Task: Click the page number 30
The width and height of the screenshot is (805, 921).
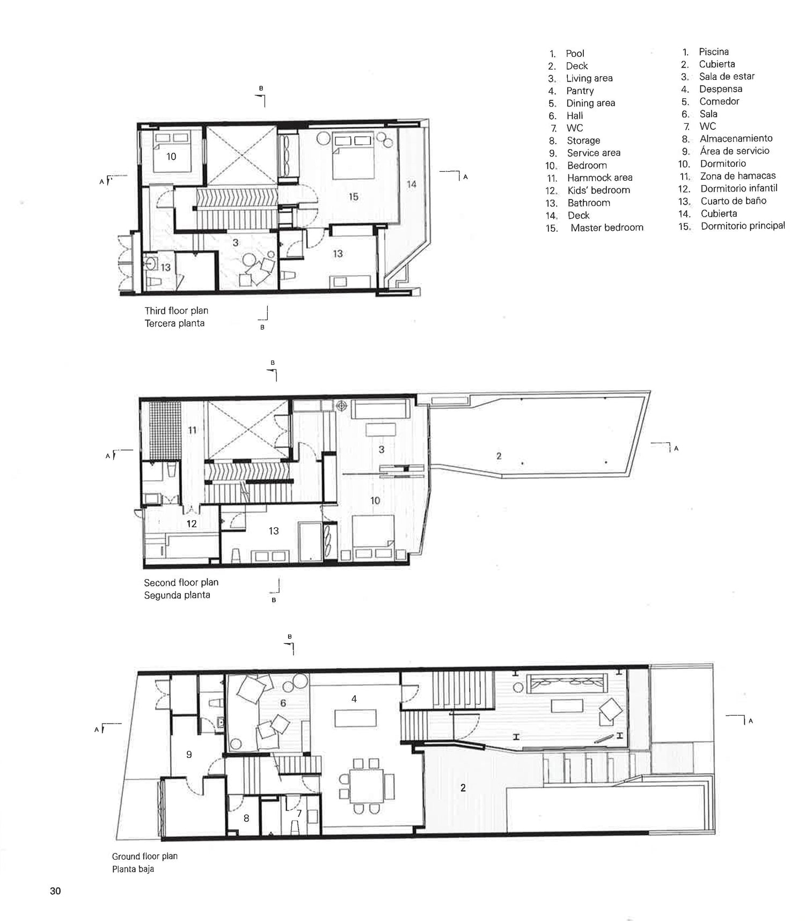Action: pos(55,891)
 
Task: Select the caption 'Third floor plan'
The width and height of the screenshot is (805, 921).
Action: pos(176,311)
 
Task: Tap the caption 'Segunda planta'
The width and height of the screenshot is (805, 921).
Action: pos(177,595)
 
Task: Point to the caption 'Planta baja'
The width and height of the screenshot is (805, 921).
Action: pos(133,869)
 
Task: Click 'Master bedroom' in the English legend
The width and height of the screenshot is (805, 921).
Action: pos(607,227)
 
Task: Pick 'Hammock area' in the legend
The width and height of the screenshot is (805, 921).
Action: pos(599,178)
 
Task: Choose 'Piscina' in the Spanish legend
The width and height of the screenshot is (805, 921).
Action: pos(713,51)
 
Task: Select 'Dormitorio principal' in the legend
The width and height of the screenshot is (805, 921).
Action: pos(743,226)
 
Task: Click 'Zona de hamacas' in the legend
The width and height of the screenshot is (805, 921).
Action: pos(738,176)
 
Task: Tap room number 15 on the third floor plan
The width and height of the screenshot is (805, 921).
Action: pos(353,197)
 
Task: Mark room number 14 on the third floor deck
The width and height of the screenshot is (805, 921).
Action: pos(411,184)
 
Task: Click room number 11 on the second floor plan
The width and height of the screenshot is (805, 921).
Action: pos(192,429)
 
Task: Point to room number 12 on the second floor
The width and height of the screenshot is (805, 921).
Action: pos(192,524)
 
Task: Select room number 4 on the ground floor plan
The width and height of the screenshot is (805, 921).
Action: pos(354,698)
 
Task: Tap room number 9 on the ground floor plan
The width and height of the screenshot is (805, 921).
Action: pos(189,754)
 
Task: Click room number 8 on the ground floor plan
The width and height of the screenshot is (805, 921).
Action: pos(246,818)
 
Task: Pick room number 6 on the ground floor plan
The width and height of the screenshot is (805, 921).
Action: pos(283,703)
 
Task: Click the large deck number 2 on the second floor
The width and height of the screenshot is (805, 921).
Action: pos(499,456)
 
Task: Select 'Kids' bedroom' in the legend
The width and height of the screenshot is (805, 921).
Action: pos(598,190)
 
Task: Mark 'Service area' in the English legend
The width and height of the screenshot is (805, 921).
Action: pos(594,153)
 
